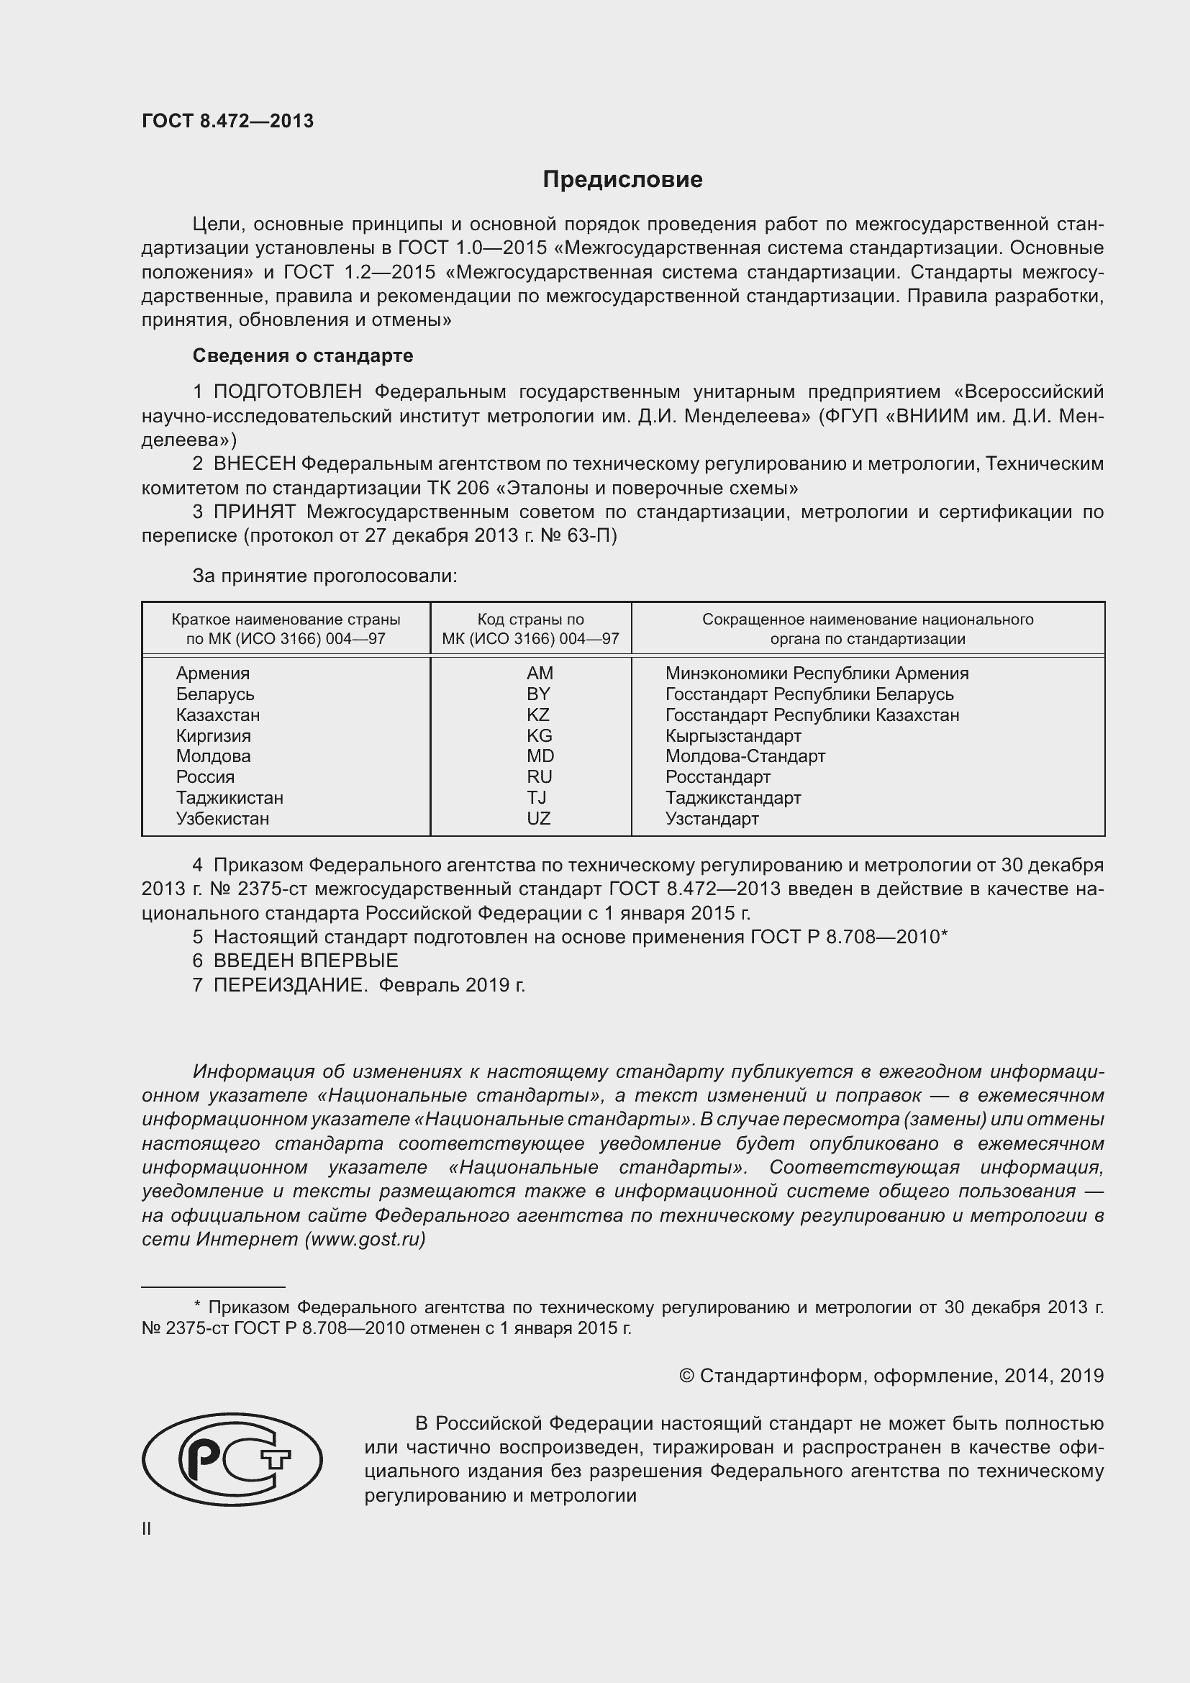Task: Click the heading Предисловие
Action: (622, 180)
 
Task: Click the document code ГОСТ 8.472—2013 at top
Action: (227, 122)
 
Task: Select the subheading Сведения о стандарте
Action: (303, 355)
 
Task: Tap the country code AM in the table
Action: (540, 673)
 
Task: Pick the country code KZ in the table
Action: (538, 715)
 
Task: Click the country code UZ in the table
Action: (539, 819)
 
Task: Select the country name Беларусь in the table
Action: (214, 694)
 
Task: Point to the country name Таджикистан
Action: (230, 797)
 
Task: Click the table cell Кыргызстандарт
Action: (732, 736)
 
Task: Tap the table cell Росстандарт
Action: (717, 777)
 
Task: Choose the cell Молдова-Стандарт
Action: (745, 756)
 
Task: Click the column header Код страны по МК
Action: (530, 629)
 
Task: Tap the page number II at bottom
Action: (147, 1529)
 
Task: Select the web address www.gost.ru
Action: (365, 1240)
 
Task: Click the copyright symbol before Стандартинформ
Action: (686, 1376)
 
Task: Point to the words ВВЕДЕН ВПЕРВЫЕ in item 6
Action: (306, 961)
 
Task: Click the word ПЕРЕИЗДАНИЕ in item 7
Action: (290, 985)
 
